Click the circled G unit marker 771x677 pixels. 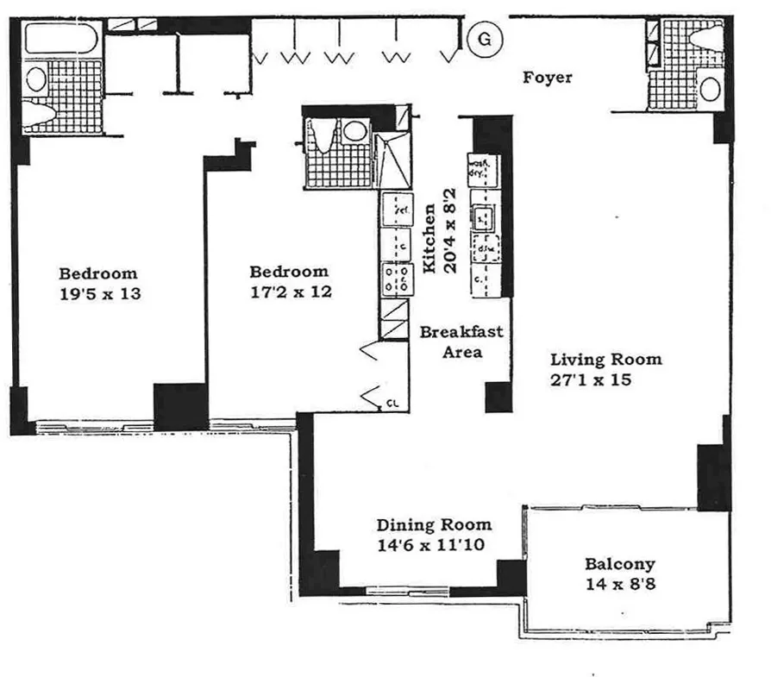click(485, 39)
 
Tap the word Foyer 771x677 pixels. click(548, 78)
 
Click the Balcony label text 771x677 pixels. click(619, 564)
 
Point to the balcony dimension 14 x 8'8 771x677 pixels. click(619, 584)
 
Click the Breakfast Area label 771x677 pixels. click(461, 342)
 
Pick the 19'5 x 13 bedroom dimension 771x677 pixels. click(99, 293)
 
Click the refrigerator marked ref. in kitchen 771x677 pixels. click(399, 210)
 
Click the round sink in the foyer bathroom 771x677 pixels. click(711, 89)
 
